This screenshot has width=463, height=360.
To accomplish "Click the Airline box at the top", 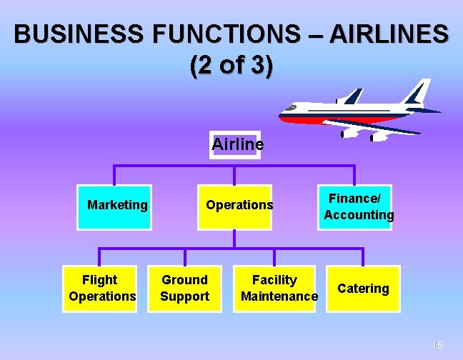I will pyautogui.click(x=237, y=144).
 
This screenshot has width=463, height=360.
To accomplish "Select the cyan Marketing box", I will pyautogui.click(x=115, y=206).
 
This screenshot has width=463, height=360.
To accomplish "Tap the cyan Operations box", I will pyautogui.click(x=239, y=206).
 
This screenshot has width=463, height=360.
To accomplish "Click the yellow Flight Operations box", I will pyautogui.click(x=101, y=288).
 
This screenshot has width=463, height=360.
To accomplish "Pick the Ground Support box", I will pyautogui.click(x=184, y=288).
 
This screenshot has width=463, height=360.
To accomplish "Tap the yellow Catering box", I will pyautogui.click(x=363, y=289).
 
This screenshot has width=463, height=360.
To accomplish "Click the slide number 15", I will pyautogui.click(x=437, y=346).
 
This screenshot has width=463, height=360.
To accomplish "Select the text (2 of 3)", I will pyautogui.click(x=231, y=66).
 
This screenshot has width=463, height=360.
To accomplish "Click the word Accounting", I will pyautogui.click(x=358, y=215).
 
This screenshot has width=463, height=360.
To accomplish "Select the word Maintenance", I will pyautogui.click(x=279, y=296).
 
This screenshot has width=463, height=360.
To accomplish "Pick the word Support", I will pyautogui.click(x=184, y=296).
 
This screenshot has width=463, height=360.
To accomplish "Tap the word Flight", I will pyautogui.click(x=100, y=280).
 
